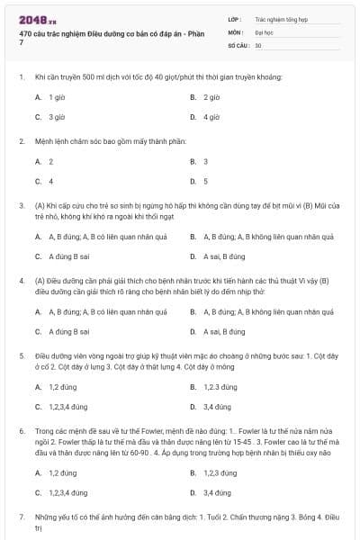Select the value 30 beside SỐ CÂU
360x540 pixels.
(258, 44)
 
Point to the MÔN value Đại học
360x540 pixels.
(262, 31)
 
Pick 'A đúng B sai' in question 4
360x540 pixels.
(68, 331)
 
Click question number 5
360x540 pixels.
(21, 355)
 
